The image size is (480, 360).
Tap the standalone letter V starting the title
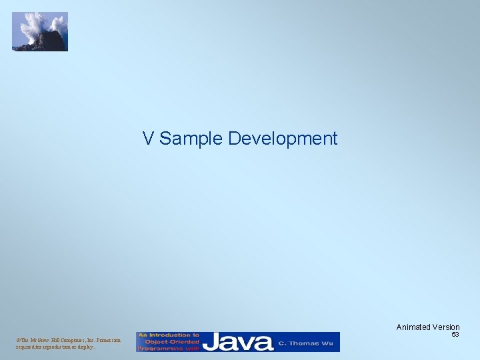pyautogui.click(x=148, y=139)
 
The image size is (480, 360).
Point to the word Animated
pyautogui.click(x=413, y=327)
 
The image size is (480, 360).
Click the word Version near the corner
pyautogui.click(x=445, y=327)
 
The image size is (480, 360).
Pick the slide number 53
pyautogui.click(x=455, y=335)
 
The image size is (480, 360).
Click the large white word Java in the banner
pyautogui.click(x=238, y=342)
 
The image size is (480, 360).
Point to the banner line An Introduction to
pyautogui.click(x=169, y=335)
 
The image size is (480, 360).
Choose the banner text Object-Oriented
pyautogui.click(x=169, y=341)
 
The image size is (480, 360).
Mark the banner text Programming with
pyautogui.click(x=169, y=348)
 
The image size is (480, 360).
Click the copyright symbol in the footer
pyautogui.click(x=18, y=341)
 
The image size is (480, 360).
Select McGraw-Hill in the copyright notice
pyautogui.click(x=43, y=341)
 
